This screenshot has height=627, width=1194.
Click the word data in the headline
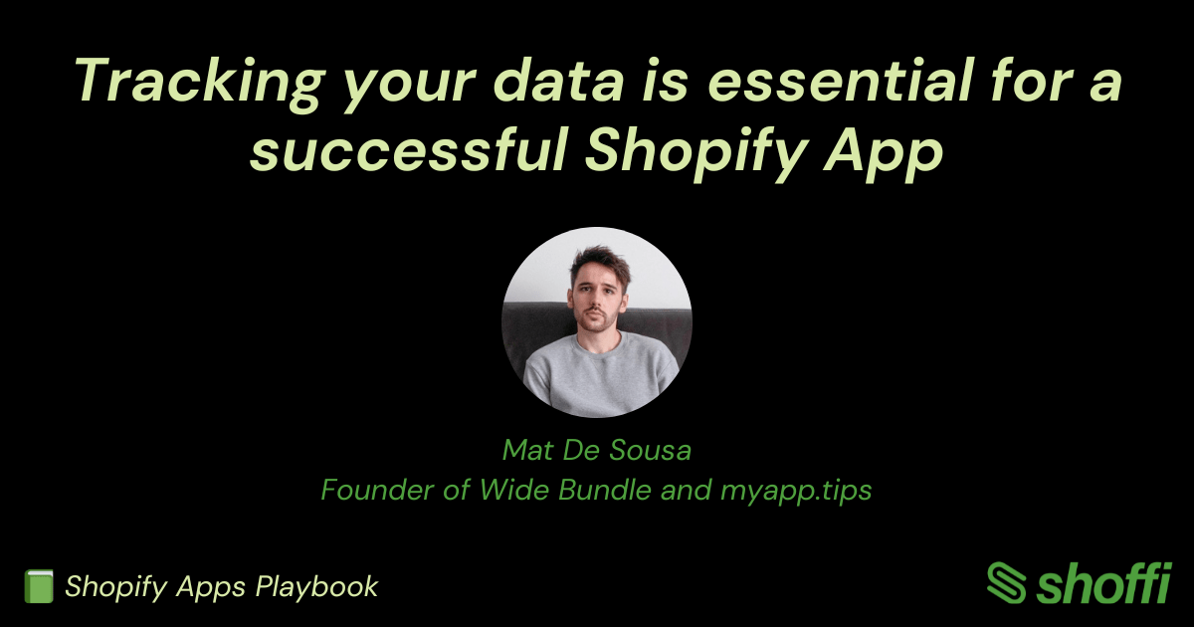tap(557, 80)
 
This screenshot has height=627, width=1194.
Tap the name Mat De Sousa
tap(597, 450)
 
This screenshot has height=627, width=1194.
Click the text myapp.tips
tap(796, 491)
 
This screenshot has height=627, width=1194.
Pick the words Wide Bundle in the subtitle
tap(565, 490)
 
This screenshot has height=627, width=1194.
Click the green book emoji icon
tap(39, 586)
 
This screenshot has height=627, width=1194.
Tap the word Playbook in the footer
tap(316, 587)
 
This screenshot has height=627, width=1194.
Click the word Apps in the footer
tap(211, 587)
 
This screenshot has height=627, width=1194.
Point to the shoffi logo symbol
tap(1006, 583)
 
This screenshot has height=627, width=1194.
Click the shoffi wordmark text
tap(1103, 583)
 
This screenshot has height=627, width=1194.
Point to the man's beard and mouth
tap(596, 318)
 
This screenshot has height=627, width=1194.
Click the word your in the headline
tap(409, 86)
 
